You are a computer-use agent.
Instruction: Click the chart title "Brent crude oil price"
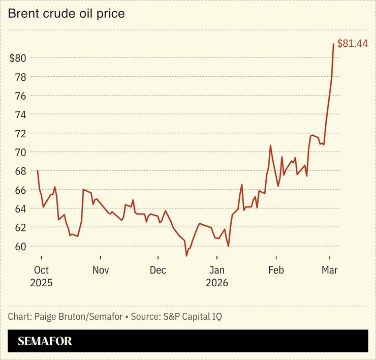pyautogui.click(x=66, y=14)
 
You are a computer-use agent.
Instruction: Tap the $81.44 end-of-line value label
pyautogui.click(x=352, y=44)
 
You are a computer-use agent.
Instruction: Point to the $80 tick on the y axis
pyautogui.click(x=18, y=58)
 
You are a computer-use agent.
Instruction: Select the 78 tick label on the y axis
pyautogui.click(x=20, y=77)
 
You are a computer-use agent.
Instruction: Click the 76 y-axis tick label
pyautogui.click(x=20, y=96)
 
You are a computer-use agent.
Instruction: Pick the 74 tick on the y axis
pyautogui.click(x=20, y=114)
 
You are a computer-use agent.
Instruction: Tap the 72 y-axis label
pyautogui.click(x=20, y=133)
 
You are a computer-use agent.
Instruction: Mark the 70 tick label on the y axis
pyautogui.click(x=20, y=152)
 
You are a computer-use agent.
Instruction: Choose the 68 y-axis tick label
pyautogui.click(x=20, y=171)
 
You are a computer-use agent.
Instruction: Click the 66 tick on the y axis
pyautogui.click(x=20, y=190)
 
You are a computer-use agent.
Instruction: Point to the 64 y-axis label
pyautogui.click(x=20, y=208)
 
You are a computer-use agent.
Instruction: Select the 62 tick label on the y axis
pyautogui.click(x=20, y=227)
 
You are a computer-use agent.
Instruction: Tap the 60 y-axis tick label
pyautogui.click(x=20, y=246)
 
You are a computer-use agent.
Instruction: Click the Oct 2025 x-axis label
pyautogui.click(x=41, y=276)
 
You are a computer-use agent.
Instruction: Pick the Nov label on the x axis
pyautogui.click(x=101, y=270)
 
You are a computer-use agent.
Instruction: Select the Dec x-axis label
pyautogui.click(x=158, y=270)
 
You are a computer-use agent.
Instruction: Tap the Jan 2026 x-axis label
pyautogui.click(x=217, y=276)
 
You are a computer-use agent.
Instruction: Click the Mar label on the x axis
pyautogui.click(x=330, y=270)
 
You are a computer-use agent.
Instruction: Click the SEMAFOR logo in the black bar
pyautogui.click(x=45, y=341)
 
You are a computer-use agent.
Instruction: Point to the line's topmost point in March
pyautogui.click(x=333, y=44)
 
